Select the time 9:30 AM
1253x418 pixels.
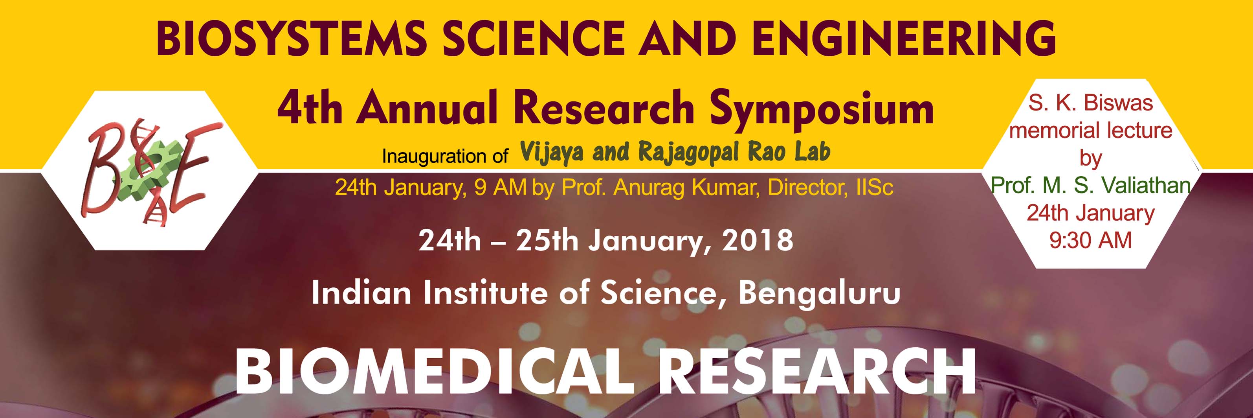tap(1091, 240)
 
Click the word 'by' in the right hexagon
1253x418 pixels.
tap(1091, 158)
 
